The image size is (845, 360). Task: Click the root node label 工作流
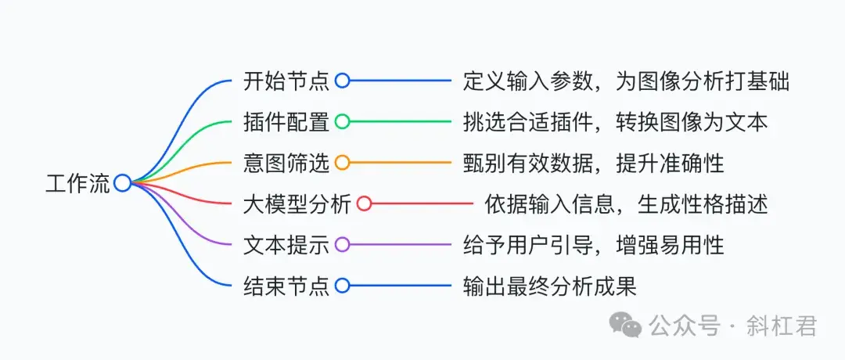77,183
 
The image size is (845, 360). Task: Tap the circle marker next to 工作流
122,183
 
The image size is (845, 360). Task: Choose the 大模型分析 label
297,204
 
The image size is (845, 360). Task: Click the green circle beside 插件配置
342,121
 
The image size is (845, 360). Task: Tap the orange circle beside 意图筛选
342,163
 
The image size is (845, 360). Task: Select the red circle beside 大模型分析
364,204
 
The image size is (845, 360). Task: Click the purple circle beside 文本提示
342,245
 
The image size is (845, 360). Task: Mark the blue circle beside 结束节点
342,286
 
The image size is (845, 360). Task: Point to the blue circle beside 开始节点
342,81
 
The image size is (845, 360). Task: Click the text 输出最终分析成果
550,286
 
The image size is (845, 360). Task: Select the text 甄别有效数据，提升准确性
594,163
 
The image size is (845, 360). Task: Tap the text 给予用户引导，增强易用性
594,245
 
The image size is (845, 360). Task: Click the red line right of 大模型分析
422,204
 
